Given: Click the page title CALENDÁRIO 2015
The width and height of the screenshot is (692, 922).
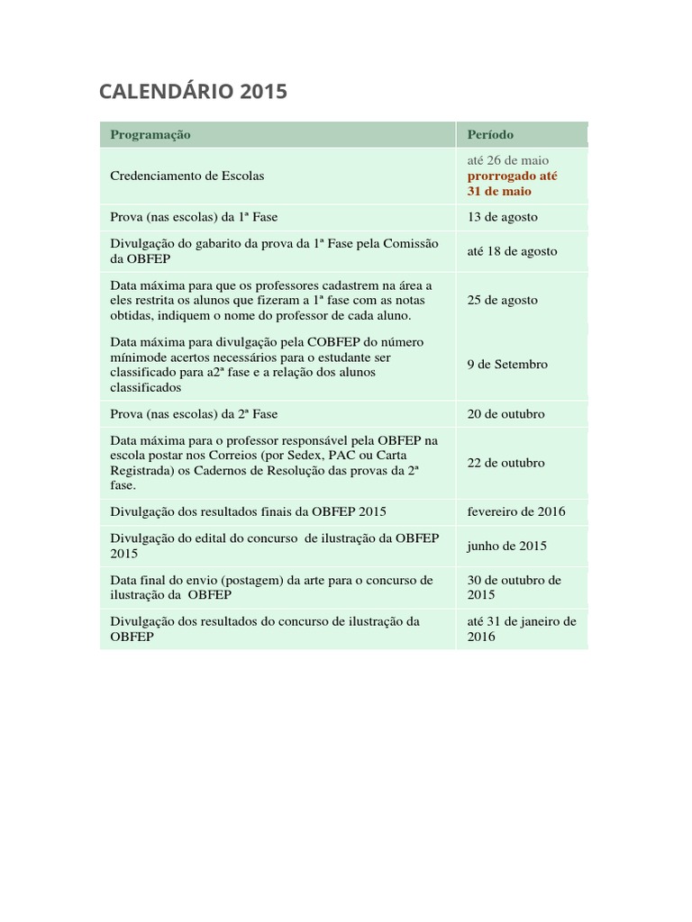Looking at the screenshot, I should [x=193, y=91].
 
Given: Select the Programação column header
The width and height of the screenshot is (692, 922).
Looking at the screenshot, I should [x=150, y=134].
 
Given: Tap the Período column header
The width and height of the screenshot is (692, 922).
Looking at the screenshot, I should [x=490, y=134].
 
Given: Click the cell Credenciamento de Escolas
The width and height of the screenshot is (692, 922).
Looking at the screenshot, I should [x=187, y=176].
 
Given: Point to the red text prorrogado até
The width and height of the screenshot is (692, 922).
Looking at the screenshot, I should [x=512, y=176].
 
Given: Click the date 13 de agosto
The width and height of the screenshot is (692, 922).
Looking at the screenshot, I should [x=502, y=217].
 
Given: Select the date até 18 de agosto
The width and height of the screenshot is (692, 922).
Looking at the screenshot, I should [x=512, y=251].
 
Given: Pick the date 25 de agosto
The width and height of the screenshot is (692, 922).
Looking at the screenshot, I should [x=502, y=300].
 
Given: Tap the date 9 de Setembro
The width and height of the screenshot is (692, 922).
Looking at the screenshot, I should [x=507, y=365].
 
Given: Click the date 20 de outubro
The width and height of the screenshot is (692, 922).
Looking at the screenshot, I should [x=505, y=414].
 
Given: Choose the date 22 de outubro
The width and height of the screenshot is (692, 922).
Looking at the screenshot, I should [x=505, y=463].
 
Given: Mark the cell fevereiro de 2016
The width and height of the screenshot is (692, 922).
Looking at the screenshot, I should [x=516, y=511].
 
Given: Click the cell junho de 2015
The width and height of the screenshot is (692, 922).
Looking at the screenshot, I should [x=506, y=546].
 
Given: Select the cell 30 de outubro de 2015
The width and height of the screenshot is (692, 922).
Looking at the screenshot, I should [x=514, y=587].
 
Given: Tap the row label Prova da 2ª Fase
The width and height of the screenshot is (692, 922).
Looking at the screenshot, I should [x=194, y=414].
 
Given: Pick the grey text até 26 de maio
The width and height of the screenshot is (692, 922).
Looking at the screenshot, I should [x=507, y=160].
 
